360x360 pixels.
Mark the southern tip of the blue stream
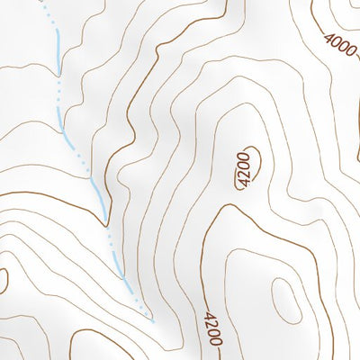(x=153, y=320)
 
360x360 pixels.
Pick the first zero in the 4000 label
(x=336, y=40)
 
